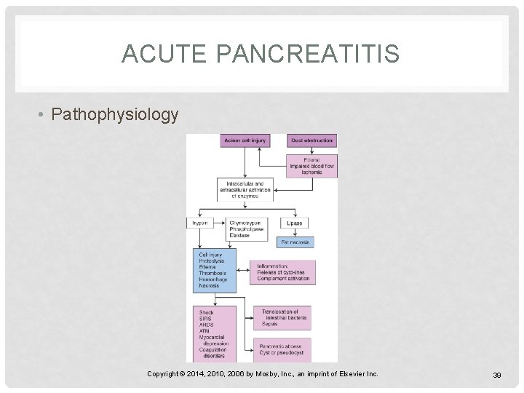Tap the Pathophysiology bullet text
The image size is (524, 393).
tap(115, 115)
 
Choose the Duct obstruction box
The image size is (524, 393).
tap(311, 140)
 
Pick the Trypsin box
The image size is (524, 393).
tap(200, 223)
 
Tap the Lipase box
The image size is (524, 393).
tap(294, 223)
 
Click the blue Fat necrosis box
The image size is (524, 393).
tap(295, 242)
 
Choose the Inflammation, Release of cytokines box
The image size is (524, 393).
tap(282, 272)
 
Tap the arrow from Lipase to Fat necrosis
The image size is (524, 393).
tap(294, 232)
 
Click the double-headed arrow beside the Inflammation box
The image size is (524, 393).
tap(244, 271)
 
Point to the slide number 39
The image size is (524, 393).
tap(498, 374)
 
